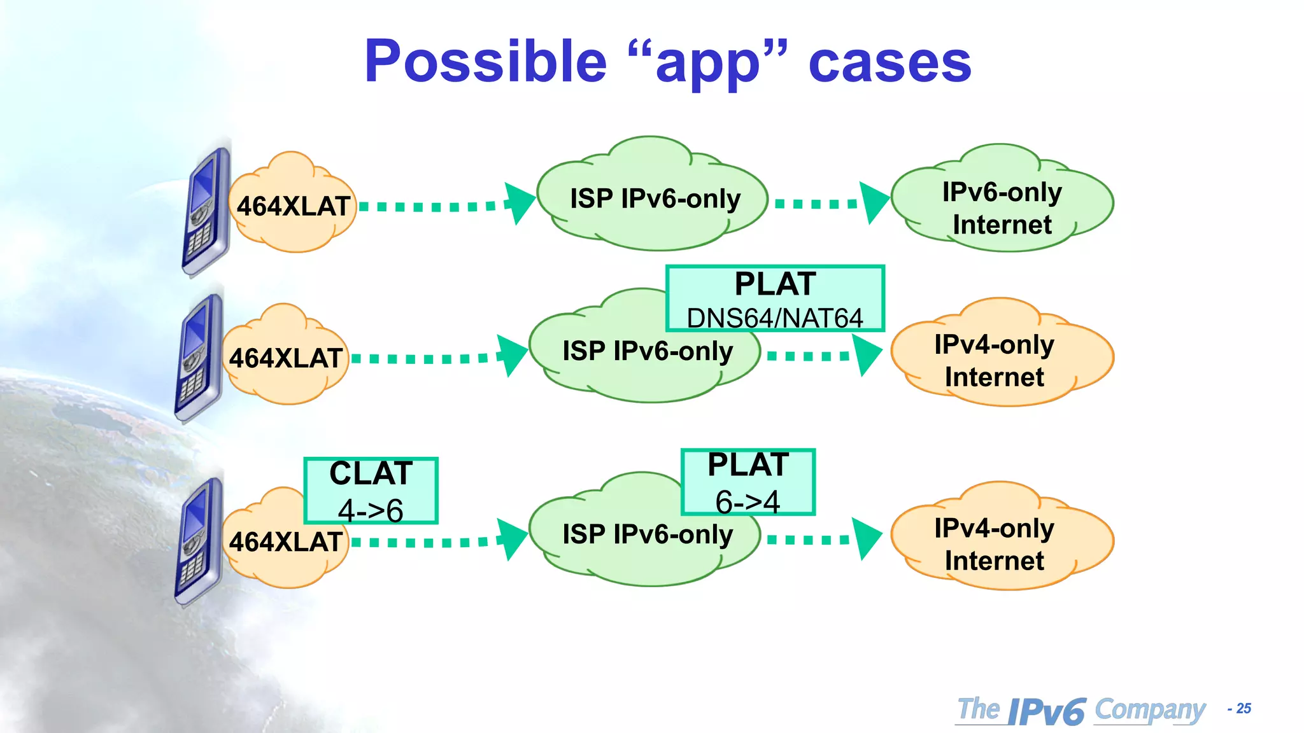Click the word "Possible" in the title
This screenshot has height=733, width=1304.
click(x=485, y=62)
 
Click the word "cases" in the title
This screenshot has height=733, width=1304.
click(x=889, y=62)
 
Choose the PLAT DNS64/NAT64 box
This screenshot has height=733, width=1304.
click(x=775, y=298)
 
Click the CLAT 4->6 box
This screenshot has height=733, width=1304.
click(x=371, y=490)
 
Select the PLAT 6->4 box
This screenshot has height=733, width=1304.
click(x=748, y=482)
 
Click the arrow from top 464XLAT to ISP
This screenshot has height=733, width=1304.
click(x=446, y=206)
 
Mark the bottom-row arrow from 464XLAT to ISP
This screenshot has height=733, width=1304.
click(x=439, y=541)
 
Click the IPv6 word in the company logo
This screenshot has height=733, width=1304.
click(x=1047, y=711)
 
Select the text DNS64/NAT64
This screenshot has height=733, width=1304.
click(x=775, y=318)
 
